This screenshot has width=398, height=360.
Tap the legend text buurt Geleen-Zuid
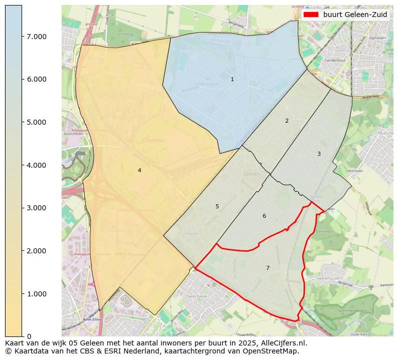[x=355, y=15]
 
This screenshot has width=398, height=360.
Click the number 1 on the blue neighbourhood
[x=232, y=79]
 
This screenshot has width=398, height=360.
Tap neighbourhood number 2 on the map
[x=287, y=121]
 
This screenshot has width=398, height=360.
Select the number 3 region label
[x=319, y=154]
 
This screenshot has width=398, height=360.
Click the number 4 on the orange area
[x=139, y=170]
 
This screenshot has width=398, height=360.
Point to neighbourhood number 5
[x=217, y=206]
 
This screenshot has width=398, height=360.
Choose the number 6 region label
[x=264, y=216]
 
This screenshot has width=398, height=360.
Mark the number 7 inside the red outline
[x=268, y=268]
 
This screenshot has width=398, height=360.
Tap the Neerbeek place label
[x=196, y=296]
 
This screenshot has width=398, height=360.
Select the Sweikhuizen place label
[x=328, y=277]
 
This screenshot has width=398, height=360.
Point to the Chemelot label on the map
[x=153, y=140]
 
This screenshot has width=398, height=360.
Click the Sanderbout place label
[x=335, y=60]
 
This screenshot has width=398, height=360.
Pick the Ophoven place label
[x=376, y=38]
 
